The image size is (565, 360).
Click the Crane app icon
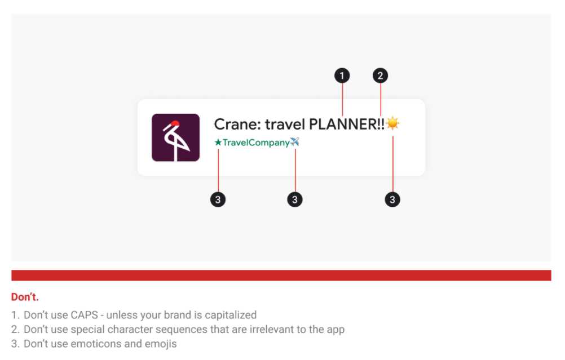[175, 137]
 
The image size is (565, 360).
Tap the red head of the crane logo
[175, 123]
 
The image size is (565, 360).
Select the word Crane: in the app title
[237, 124]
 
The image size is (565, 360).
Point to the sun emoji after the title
[392, 123]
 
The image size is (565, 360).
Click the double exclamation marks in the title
[381, 124]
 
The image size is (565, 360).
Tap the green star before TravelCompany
[218, 143]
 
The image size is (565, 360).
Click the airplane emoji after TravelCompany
[295, 142]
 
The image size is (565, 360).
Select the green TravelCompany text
[256, 143]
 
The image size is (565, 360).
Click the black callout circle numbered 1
[342, 75]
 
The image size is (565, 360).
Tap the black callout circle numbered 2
[380, 75]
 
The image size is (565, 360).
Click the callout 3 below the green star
[218, 199]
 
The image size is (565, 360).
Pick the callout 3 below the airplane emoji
[295, 199]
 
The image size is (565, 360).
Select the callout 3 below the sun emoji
[392, 199]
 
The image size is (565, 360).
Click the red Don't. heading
[25, 297]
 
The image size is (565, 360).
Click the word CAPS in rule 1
[85, 315]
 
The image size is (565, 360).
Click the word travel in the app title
[285, 124]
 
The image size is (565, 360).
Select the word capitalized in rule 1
[231, 315]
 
